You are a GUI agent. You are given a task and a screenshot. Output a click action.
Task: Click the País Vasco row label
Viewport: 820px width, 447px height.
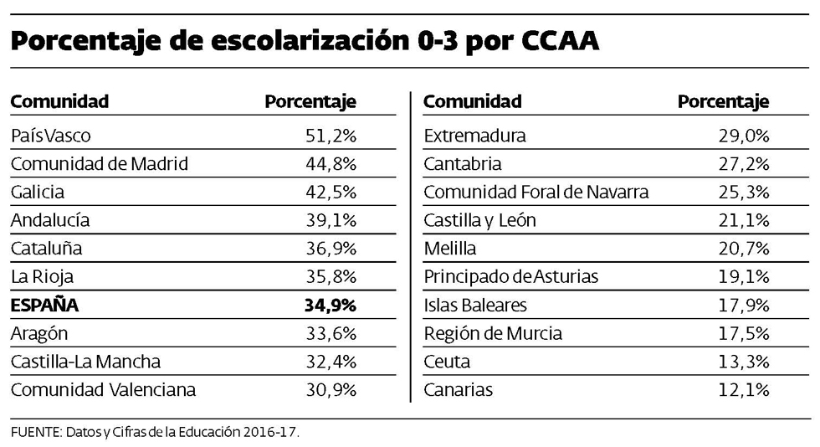coord(50,136)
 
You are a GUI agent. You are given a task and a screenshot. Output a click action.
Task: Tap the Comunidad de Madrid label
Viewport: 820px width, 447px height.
coord(100,164)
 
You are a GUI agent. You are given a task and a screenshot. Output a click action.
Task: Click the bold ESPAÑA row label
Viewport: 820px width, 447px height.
coord(44,306)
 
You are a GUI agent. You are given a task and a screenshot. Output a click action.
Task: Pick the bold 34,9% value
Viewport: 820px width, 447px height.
coord(331,306)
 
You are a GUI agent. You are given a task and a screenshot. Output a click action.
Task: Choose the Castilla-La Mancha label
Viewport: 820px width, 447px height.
coord(85,362)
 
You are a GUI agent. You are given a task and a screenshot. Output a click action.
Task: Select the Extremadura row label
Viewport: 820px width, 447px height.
coord(475,136)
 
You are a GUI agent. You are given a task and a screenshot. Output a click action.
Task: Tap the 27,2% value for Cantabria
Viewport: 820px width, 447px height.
coord(744,164)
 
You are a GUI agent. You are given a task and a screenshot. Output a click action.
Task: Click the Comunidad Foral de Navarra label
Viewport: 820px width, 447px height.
coord(536,193)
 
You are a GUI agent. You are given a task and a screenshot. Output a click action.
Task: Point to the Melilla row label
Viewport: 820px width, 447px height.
coord(450,249)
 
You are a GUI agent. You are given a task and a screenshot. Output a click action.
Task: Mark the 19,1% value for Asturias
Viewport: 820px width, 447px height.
coord(744,277)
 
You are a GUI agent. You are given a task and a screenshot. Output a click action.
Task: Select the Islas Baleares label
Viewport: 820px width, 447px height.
coord(476,306)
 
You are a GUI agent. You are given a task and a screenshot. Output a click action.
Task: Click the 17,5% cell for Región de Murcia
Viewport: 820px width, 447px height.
coord(744,334)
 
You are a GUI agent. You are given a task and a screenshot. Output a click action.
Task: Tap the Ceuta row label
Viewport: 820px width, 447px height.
coord(447,362)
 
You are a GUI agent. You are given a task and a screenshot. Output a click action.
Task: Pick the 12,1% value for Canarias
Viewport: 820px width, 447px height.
coord(744,390)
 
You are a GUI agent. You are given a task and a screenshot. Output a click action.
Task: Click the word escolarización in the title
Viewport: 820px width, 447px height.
coord(300,41)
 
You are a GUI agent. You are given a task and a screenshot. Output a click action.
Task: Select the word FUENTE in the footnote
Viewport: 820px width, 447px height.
coord(32,432)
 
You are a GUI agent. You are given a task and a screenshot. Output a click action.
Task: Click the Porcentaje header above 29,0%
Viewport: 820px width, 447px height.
coord(723,102)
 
